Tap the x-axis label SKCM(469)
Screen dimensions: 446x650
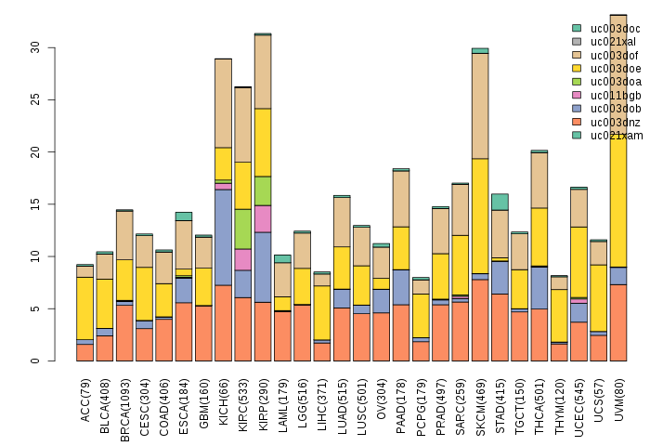point(480,398)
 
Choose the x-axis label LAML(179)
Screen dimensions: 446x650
point(283,398)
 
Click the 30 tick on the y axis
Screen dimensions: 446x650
point(34,46)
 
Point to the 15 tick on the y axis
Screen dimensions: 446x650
point(34,203)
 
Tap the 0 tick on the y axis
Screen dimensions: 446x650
point(34,361)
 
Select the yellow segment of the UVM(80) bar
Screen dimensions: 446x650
point(618,186)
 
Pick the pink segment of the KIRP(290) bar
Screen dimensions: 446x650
point(263,218)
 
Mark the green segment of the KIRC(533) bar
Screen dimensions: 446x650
point(243,229)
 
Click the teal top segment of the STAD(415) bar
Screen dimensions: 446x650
point(500,202)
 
